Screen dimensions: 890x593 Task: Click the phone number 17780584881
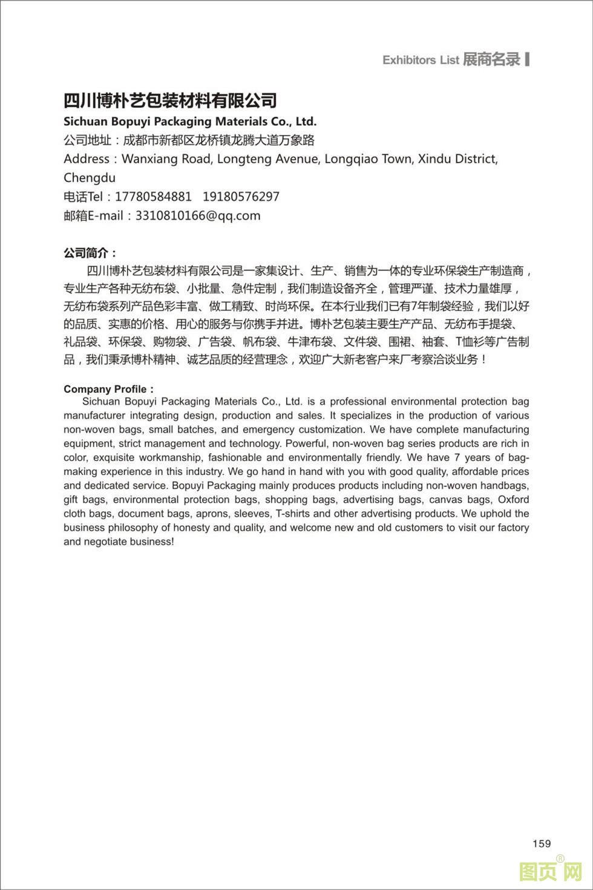[x=153, y=197]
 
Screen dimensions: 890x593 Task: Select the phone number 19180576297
[x=241, y=197]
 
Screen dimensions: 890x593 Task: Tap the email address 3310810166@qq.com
[x=198, y=215]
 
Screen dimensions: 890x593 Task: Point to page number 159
[x=542, y=843]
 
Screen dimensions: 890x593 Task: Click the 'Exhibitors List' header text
[x=421, y=60]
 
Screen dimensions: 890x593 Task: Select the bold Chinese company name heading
[x=170, y=100]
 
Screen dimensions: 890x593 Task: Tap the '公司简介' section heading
[x=90, y=253]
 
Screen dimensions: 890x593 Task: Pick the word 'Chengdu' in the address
[x=90, y=178]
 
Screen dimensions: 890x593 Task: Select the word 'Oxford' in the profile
[x=513, y=500]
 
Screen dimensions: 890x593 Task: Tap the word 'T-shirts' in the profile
[x=293, y=514]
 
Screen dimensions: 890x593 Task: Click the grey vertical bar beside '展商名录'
[x=528, y=59]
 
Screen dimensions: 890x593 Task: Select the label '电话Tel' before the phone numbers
[x=84, y=197]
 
